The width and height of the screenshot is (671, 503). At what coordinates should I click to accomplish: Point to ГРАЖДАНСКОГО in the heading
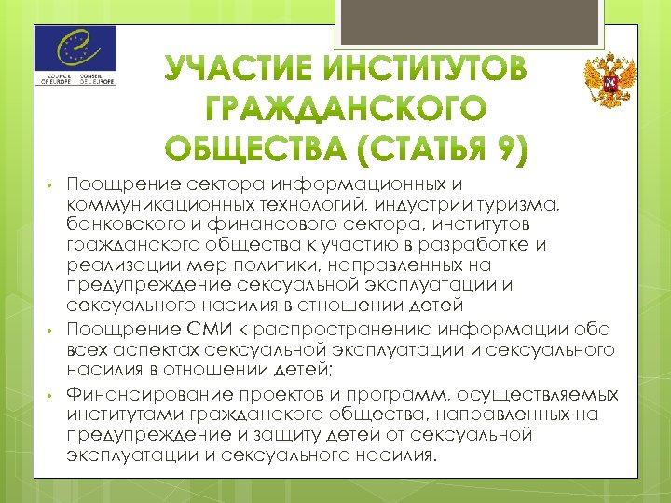pyautogui.click(x=345, y=110)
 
